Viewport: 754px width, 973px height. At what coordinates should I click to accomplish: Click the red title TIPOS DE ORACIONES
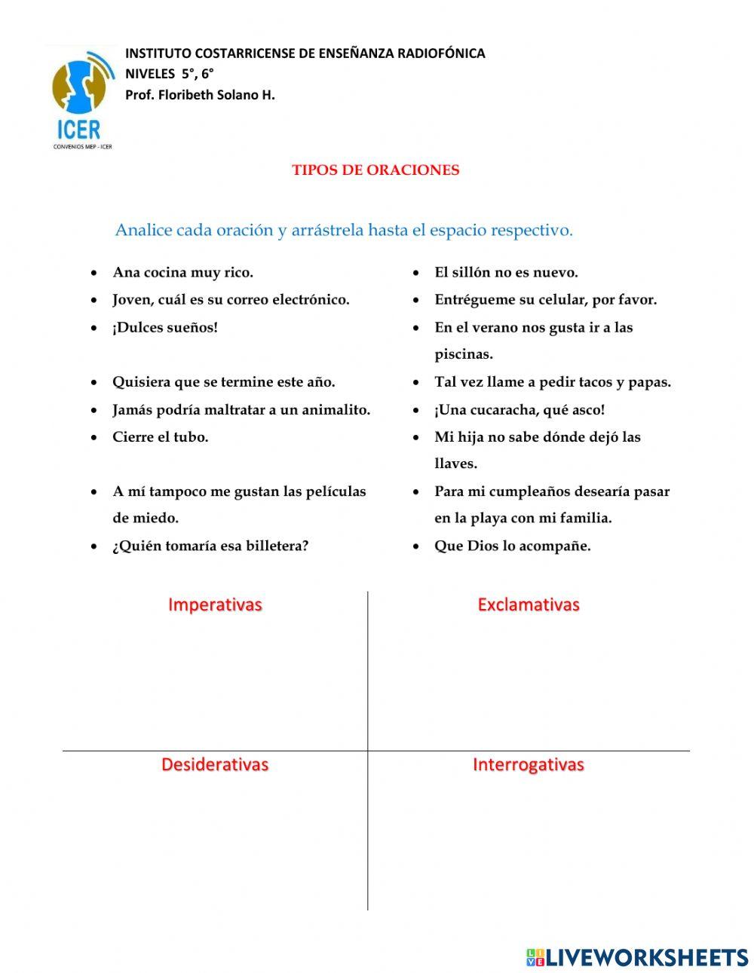(x=375, y=170)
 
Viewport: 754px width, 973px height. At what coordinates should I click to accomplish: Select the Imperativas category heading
(x=215, y=604)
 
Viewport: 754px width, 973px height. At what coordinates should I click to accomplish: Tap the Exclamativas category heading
(x=528, y=604)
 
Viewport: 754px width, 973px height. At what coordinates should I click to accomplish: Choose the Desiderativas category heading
(x=215, y=764)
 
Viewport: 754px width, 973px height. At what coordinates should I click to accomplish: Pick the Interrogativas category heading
(x=528, y=764)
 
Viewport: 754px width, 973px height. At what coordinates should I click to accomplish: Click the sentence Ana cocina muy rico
(x=182, y=273)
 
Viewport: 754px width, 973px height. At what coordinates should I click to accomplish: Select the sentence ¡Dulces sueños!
(x=164, y=328)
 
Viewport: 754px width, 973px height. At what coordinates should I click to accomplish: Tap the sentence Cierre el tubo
(x=160, y=437)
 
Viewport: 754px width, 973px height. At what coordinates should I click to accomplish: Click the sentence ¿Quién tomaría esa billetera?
(x=210, y=546)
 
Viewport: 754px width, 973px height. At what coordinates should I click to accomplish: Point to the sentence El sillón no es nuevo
(x=506, y=273)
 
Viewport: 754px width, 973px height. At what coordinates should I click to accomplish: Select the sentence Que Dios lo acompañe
(x=512, y=546)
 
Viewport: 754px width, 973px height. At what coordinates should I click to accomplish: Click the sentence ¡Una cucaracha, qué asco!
(x=520, y=410)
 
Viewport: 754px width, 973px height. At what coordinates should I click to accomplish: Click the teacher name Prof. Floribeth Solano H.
(x=200, y=95)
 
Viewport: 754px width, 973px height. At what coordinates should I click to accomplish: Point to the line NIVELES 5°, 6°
(x=170, y=74)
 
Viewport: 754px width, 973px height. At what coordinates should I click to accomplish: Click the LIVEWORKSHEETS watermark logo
(x=637, y=957)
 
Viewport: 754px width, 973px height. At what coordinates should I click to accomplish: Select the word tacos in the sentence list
(x=595, y=382)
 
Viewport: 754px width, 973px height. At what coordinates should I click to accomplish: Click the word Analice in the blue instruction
(x=143, y=231)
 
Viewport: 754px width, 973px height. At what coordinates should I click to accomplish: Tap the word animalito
(x=336, y=410)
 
